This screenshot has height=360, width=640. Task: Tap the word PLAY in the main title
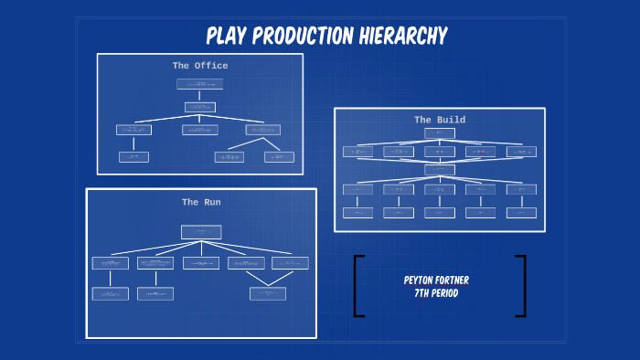tap(224, 37)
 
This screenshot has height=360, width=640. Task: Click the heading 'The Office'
tap(200, 66)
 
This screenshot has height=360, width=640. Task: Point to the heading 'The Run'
tap(201, 202)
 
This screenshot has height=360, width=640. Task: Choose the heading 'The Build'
tap(440, 120)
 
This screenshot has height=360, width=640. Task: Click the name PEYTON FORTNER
tap(436, 281)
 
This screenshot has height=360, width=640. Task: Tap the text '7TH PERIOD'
tap(436, 293)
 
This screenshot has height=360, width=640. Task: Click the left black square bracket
tap(358, 286)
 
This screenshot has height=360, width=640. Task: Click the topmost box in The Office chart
tap(199, 84)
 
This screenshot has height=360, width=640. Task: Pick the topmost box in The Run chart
tap(201, 232)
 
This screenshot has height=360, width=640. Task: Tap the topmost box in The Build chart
tap(440, 133)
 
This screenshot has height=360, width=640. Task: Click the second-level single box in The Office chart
tap(200, 107)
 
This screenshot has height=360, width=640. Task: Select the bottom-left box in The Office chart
tap(133, 157)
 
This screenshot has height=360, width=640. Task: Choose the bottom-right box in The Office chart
tap(279, 157)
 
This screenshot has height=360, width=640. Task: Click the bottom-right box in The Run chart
tap(268, 293)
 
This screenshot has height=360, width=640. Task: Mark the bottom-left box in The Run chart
tap(110, 293)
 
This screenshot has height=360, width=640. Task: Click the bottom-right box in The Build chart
tap(521, 212)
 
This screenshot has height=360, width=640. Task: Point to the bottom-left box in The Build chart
tap(357, 212)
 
